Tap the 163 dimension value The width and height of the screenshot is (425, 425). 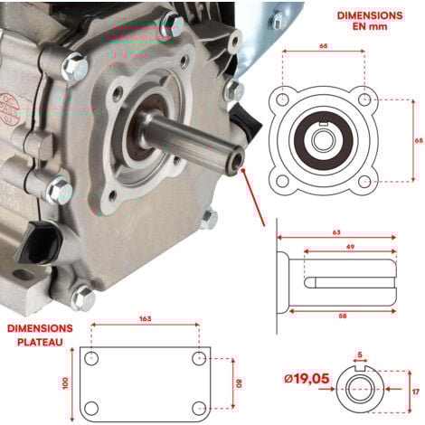point(146,319)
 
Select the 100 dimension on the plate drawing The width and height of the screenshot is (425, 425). point(65,382)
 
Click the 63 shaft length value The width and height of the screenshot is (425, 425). point(337,232)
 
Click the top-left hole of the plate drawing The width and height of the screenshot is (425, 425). point(91,358)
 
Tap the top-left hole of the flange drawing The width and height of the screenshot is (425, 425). point(285,99)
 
